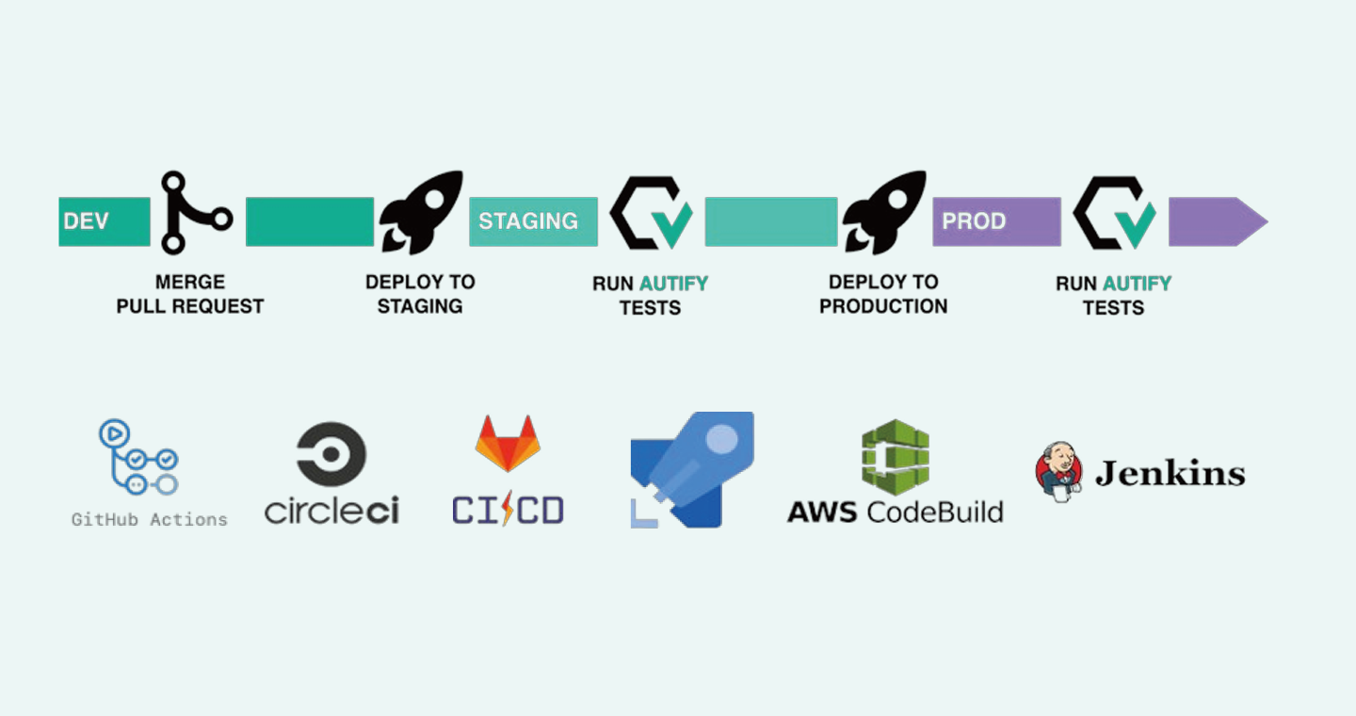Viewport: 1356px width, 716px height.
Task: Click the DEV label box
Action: point(104,221)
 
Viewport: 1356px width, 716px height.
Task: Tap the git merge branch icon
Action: point(192,213)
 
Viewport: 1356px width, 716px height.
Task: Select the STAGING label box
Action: point(533,221)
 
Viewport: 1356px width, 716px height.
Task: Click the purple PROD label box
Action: point(996,221)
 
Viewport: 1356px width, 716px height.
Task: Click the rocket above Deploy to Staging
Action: point(422,213)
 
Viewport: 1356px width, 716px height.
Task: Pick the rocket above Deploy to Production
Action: point(885,213)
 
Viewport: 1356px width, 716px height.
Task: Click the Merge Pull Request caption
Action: point(190,294)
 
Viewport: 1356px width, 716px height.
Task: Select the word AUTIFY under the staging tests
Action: point(674,284)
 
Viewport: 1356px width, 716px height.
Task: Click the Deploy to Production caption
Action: point(883,294)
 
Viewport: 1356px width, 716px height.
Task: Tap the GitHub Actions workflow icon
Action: point(138,458)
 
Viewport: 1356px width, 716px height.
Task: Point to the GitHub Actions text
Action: point(150,519)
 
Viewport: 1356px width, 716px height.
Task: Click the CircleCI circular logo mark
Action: point(331,454)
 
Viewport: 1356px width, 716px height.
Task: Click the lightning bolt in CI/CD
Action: point(508,510)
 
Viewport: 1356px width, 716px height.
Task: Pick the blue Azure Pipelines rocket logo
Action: point(692,469)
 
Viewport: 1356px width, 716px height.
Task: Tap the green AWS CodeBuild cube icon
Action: point(895,457)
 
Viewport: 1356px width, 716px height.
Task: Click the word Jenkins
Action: point(1170,473)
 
